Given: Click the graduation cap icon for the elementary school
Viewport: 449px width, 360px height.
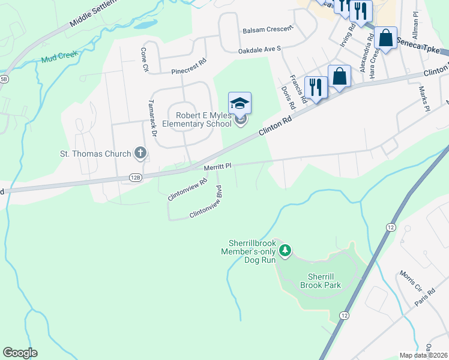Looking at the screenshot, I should coord(240,103).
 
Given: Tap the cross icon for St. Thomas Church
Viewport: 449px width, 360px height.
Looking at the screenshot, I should coord(140,154).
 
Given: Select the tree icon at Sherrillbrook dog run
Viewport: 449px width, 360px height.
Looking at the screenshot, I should coord(286,250).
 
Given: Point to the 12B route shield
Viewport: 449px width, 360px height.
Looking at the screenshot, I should coord(134,178).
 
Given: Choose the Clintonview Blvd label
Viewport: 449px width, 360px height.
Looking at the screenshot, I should coord(211,204).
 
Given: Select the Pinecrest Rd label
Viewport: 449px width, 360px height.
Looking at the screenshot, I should coord(188,61).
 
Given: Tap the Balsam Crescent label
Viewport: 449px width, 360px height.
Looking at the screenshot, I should coord(268,29).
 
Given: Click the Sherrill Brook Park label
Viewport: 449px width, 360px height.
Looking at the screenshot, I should coord(324,280).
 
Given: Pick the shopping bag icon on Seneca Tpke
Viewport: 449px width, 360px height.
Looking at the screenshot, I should coord(385,38).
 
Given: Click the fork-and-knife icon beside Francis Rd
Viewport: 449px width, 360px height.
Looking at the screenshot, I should coord(315,86).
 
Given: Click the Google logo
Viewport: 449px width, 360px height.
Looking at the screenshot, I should coord(20,353).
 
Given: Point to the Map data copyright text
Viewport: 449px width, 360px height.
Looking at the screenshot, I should coord(424,355).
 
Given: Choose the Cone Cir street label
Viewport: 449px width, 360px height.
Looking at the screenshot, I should coord(144,60).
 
